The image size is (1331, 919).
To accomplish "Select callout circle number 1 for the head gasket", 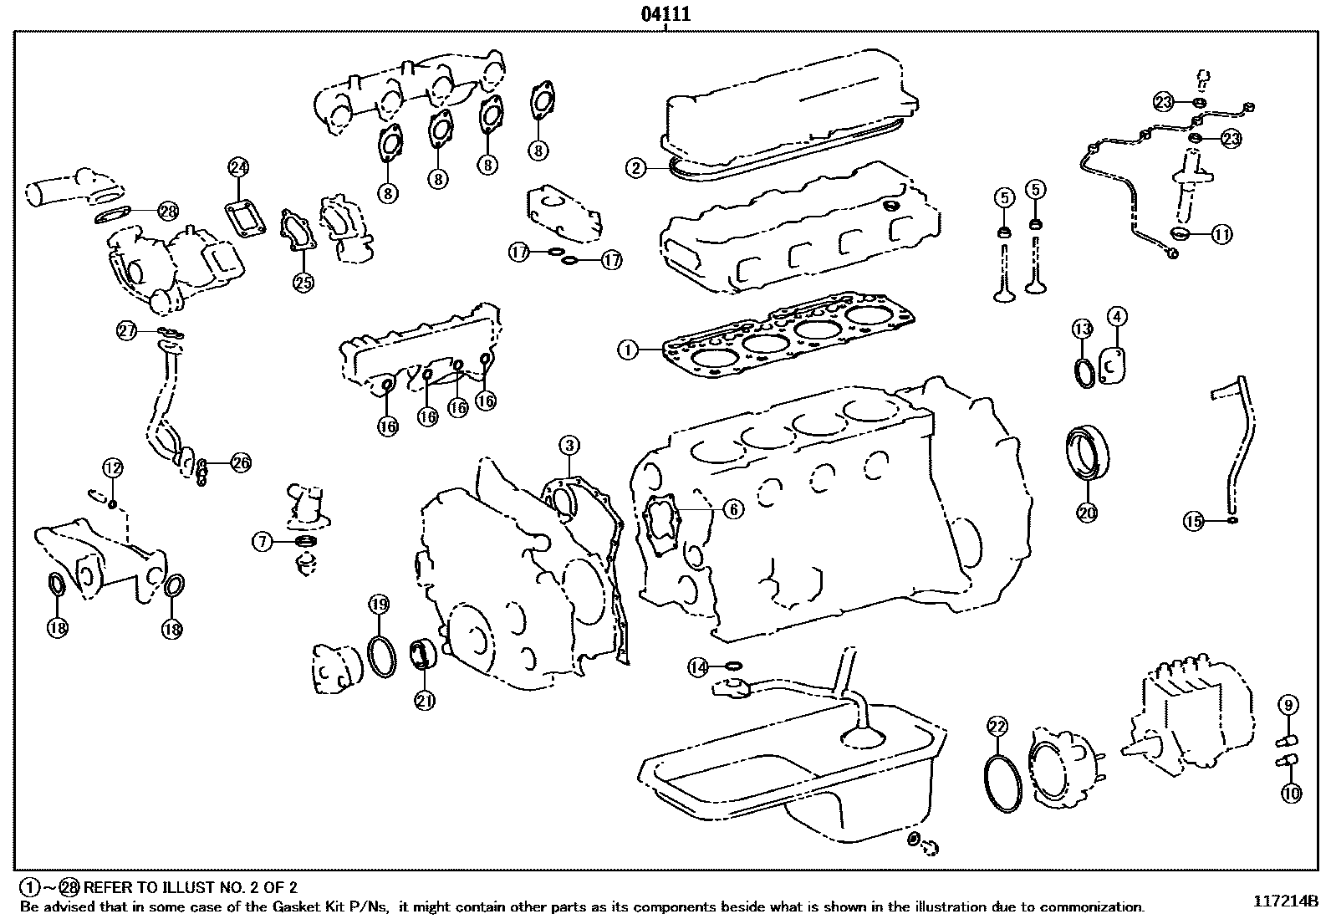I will (x=628, y=350).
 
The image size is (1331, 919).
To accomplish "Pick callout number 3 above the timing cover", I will (x=1117, y=317).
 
